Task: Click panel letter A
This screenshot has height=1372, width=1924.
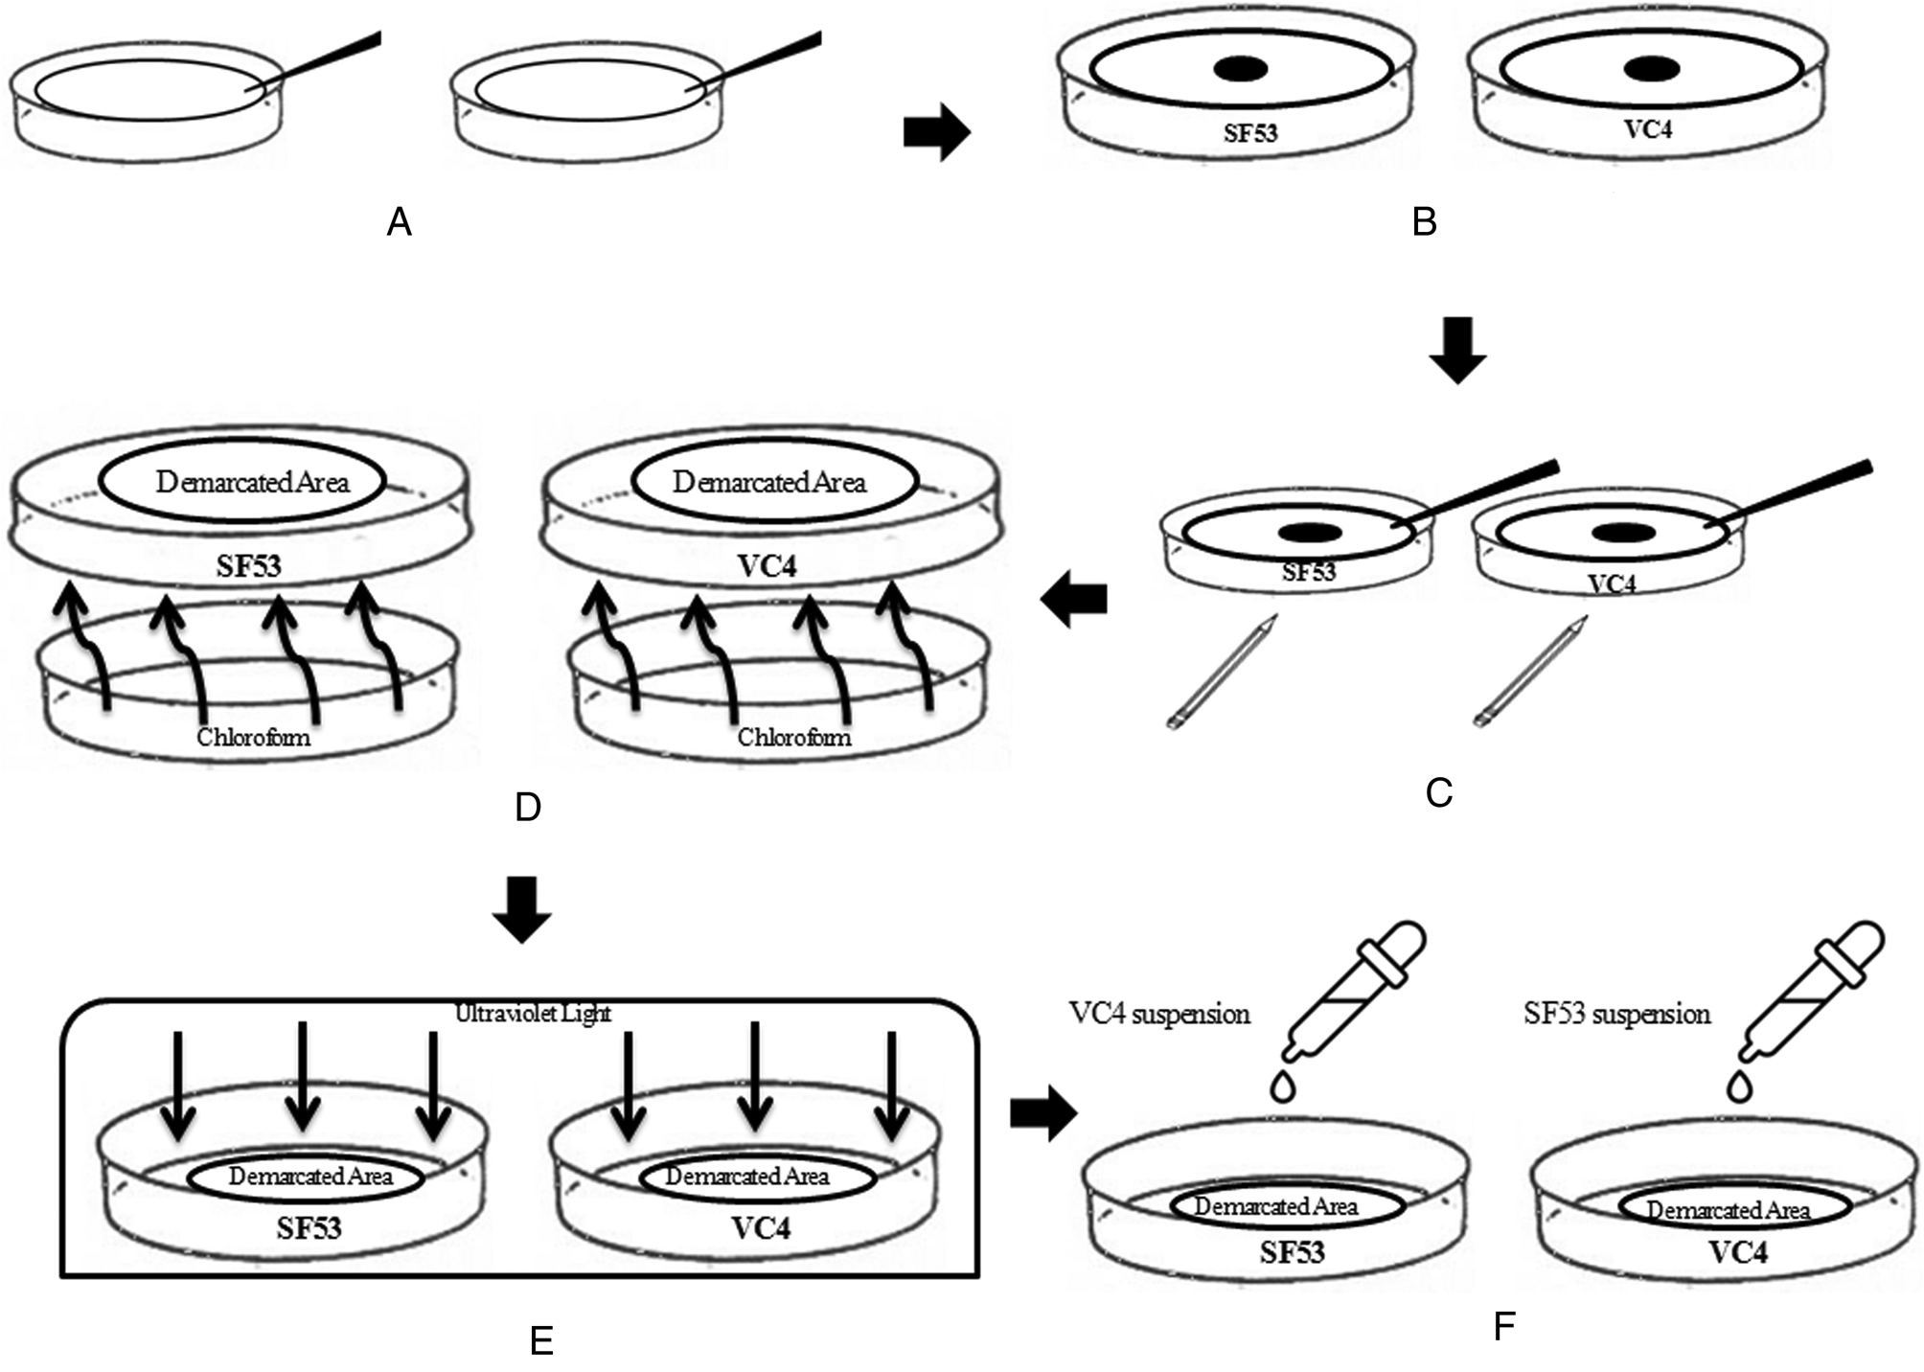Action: [399, 223]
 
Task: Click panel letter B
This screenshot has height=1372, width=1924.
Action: [1424, 223]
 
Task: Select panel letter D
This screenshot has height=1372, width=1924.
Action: [528, 808]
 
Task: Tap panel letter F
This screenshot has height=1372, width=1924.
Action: [1504, 1326]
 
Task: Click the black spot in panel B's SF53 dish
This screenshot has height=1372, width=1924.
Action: [1241, 69]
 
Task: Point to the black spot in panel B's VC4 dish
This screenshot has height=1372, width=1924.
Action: [1651, 68]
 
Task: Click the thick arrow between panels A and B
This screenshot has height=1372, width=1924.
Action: [936, 132]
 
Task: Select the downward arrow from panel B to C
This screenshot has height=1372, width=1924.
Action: [1457, 352]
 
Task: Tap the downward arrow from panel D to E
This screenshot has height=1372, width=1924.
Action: [522, 909]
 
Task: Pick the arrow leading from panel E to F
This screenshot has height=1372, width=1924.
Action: [1043, 1113]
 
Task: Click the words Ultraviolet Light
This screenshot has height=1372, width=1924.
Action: [533, 1013]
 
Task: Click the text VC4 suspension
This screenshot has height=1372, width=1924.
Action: [1159, 1014]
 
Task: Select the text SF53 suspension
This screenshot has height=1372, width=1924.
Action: [1616, 1014]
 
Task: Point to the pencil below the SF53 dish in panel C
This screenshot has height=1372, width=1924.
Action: [1223, 674]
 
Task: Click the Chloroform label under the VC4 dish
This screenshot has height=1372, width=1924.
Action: [793, 738]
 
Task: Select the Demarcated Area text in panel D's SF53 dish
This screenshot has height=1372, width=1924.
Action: [252, 482]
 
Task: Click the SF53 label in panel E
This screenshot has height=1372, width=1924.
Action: [309, 1228]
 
